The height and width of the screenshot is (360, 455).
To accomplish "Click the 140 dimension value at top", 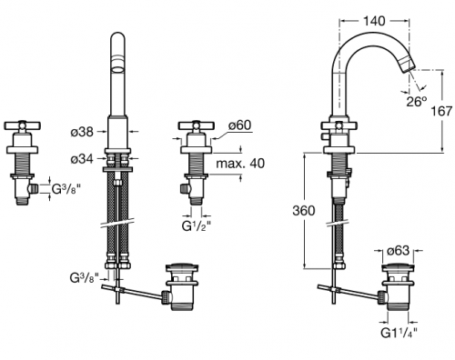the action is (x=374, y=21).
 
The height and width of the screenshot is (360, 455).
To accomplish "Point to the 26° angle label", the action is (x=417, y=102).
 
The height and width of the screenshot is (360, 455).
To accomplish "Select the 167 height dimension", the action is (x=441, y=111).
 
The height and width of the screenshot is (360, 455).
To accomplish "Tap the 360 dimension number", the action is (x=304, y=210).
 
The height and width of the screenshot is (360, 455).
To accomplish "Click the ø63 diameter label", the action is (x=399, y=250).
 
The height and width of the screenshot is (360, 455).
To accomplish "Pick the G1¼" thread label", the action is (x=399, y=333).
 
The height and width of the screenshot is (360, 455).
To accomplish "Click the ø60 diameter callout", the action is (x=239, y=125).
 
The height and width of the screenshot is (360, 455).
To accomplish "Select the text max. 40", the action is (x=240, y=164).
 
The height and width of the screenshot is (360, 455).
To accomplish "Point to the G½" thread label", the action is (x=197, y=225).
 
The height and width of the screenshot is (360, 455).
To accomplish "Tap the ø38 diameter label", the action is (x=82, y=132).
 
